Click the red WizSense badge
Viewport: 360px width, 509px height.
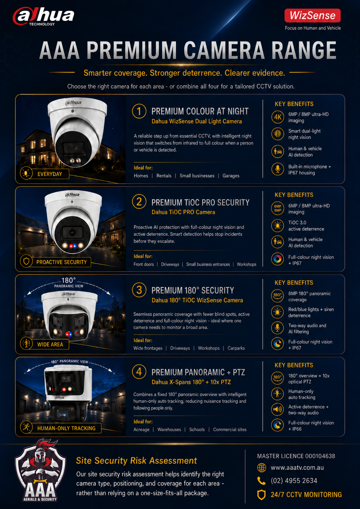[312, 15]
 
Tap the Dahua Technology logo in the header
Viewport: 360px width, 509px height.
[43, 16]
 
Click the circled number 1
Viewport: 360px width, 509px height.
[139, 111]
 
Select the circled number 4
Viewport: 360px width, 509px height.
[139, 372]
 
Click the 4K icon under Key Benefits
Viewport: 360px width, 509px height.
[277, 117]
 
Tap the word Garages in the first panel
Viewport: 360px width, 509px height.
[231, 176]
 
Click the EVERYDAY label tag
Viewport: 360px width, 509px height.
[44, 174]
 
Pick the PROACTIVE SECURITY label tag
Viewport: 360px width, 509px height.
[55, 262]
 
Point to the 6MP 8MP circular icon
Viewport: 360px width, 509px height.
[277, 208]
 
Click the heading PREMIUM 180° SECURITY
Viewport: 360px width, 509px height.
[192, 290]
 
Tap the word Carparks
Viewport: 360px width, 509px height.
[236, 348]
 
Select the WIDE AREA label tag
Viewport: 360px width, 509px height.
[44, 344]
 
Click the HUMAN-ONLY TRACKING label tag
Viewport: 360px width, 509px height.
[61, 428]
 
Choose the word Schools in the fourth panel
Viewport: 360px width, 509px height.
[197, 429]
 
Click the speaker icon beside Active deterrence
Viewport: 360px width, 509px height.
[277, 409]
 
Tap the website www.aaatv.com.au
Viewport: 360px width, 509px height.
[297, 468]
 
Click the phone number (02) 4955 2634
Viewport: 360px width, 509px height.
[294, 481]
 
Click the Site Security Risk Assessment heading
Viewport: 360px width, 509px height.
[136, 461]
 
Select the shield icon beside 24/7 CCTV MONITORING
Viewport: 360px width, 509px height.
[261, 495]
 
